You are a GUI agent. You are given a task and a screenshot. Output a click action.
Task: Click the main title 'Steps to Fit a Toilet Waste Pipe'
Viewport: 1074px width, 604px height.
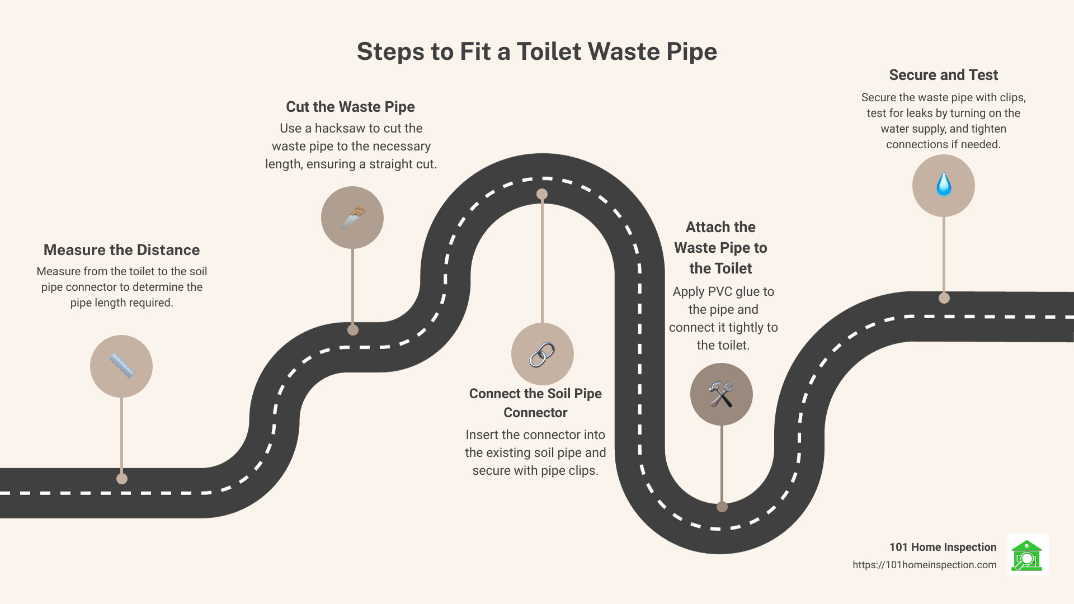pos(536,51)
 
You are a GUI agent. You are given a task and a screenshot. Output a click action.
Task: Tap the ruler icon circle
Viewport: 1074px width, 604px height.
pos(121,366)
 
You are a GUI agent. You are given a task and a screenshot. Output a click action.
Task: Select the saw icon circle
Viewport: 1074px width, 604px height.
pos(352,218)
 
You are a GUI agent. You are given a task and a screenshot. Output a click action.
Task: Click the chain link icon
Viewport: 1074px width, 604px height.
pos(542,354)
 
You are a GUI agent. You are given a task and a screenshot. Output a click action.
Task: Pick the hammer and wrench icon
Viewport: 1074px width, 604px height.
pos(721,394)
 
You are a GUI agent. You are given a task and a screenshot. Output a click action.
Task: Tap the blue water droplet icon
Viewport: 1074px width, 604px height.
pos(944,185)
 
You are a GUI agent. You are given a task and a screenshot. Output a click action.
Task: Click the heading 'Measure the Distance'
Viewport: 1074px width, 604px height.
pos(121,250)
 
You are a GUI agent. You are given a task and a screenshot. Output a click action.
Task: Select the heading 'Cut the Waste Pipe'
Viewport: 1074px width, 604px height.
pos(350,107)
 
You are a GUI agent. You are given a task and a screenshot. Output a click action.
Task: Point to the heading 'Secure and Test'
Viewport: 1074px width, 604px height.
pos(943,75)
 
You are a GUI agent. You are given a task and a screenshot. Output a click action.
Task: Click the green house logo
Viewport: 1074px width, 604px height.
pos(1028,555)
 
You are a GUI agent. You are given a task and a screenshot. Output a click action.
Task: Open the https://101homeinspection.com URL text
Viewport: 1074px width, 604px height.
pos(924,565)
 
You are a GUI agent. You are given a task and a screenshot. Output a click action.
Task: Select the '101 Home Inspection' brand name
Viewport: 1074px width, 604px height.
pos(943,547)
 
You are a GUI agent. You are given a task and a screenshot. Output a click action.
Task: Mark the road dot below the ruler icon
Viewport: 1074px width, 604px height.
pos(122,479)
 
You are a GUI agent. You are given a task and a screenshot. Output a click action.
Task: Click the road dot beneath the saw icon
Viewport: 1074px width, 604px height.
pos(353,330)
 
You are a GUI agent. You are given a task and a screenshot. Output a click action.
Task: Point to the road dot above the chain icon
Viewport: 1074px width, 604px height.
pos(542,194)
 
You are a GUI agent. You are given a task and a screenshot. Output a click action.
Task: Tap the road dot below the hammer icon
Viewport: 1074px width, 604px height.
pos(722,507)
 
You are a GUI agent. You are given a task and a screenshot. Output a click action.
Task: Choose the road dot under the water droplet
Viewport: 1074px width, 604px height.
pos(944,298)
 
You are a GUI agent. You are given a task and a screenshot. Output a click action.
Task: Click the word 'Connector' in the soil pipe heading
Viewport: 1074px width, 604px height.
pos(535,413)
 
